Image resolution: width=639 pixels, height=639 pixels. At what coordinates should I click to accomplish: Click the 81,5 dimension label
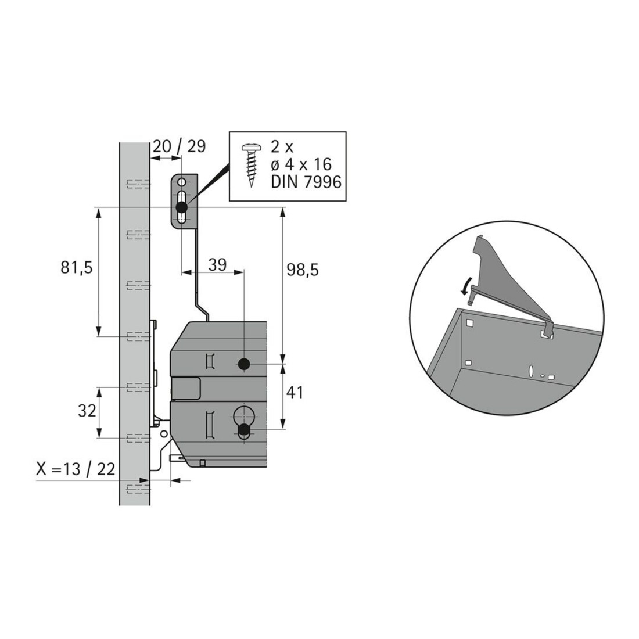pos(77,268)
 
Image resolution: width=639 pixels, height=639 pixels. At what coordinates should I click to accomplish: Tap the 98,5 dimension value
pos(303,270)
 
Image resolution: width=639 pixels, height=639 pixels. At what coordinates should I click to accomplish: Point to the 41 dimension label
pos(295,393)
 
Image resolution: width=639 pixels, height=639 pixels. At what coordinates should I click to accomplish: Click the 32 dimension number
pos(87,411)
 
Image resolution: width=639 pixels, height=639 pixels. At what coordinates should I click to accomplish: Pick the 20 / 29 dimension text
pos(179,146)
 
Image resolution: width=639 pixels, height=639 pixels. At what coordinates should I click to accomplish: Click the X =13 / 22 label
pos(76,469)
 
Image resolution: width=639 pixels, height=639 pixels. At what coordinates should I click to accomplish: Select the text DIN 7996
pos(306,182)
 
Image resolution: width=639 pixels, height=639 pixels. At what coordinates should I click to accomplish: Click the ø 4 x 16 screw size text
pos(301,164)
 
